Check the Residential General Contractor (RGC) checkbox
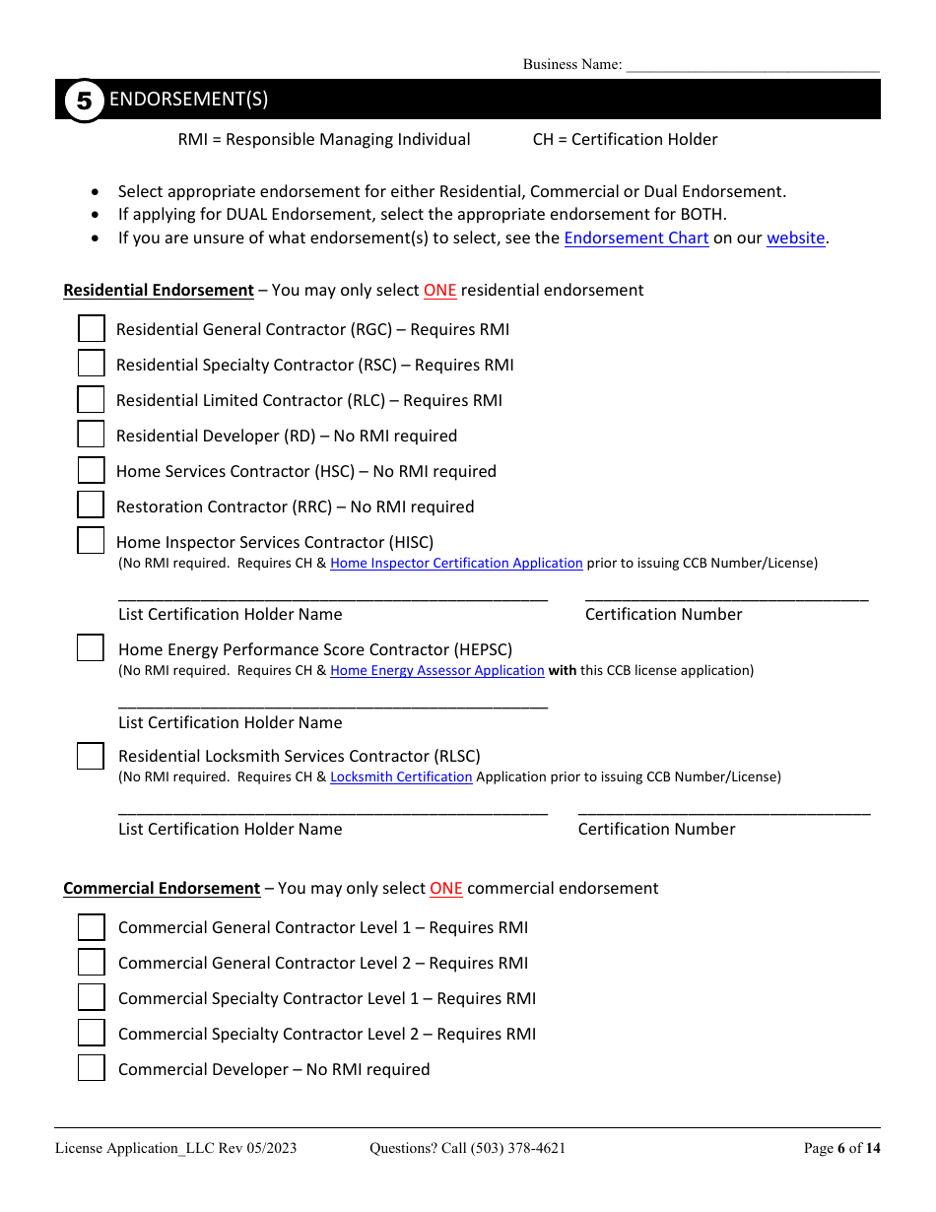[91, 329]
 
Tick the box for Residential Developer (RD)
[91, 435]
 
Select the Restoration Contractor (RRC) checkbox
[91, 505]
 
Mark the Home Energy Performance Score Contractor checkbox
[91, 648]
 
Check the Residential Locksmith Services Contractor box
[91, 756]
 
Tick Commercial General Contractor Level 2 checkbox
[91, 963]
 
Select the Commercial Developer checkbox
[91, 1068]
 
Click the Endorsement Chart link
[635, 238]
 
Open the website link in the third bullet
[795, 238]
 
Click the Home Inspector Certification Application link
[456, 564]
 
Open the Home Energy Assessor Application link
[436, 671]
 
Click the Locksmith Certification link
[401, 777]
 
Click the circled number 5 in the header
[84, 101]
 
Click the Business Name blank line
[752, 65]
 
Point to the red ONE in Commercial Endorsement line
[445, 889]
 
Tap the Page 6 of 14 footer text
[841, 1148]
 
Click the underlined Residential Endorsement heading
[159, 291]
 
